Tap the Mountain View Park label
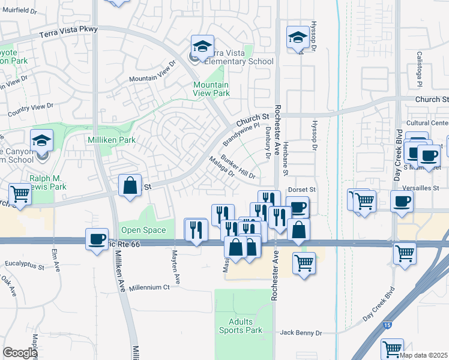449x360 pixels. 211,89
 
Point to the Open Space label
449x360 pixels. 143,230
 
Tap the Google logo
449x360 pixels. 20,353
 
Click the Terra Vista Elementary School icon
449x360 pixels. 202,46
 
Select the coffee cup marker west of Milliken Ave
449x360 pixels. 97,239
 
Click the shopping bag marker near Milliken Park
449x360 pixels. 130,185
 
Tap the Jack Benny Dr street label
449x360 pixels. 301,332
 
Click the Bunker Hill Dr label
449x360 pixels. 239,167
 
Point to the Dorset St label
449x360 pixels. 301,190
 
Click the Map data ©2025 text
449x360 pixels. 423,355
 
